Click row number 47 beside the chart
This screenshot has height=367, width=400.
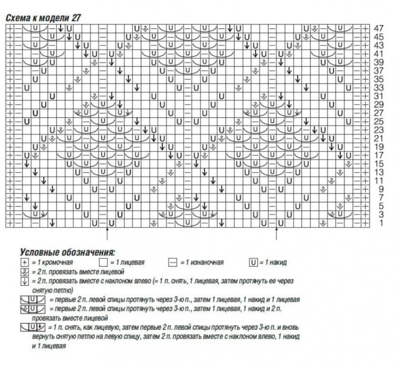tap(379, 28)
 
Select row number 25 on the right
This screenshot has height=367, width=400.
tap(379, 121)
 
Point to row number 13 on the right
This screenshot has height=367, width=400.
tap(379, 172)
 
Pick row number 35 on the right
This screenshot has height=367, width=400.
tap(379, 79)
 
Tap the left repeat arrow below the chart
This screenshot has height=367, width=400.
tap(107, 234)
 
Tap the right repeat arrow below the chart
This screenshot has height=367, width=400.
tap(276, 234)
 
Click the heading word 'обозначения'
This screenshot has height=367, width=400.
tap(89, 252)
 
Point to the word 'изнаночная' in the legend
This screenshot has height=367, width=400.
tap(204, 263)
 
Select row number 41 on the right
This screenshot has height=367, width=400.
tap(379, 53)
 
